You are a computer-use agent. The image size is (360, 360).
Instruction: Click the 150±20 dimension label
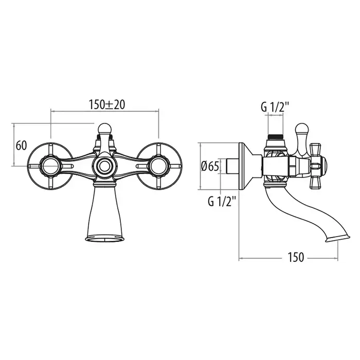[x=107, y=105]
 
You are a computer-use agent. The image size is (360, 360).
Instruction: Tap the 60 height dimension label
[x=22, y=146]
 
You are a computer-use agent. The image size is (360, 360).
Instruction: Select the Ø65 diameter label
[x=210, y=166]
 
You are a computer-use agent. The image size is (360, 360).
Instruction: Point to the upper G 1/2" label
[x=275, y=107]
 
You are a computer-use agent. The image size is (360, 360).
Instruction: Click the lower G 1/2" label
[x=222, y=202]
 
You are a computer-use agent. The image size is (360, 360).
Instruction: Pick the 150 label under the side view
[x=296, y=257]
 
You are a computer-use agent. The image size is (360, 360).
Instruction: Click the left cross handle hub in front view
[x=51, y=166]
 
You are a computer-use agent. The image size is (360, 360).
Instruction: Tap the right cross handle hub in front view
[x=158, y=166]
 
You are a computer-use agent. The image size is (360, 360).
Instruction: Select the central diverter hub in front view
[x=105, y=166]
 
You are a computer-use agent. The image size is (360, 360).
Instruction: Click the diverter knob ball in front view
[x=105, y=129]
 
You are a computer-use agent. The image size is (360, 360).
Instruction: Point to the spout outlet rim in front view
[x=105, y=239]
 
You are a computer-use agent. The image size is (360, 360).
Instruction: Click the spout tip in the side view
[x=337, y=239]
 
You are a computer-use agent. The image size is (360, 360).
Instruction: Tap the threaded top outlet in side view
[x=275, y=136]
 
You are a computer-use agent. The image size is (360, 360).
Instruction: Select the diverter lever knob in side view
[x=302, y=129]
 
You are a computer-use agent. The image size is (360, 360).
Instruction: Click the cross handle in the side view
[x=317, y=166]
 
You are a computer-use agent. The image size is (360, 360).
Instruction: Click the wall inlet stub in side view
[x=232, y=166]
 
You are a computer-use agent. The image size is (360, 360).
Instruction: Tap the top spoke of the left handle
[x=51, y=150]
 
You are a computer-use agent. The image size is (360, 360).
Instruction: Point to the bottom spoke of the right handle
[x=158, y=183]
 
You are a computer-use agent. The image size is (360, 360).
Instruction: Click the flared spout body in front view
[x=105, y=211]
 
